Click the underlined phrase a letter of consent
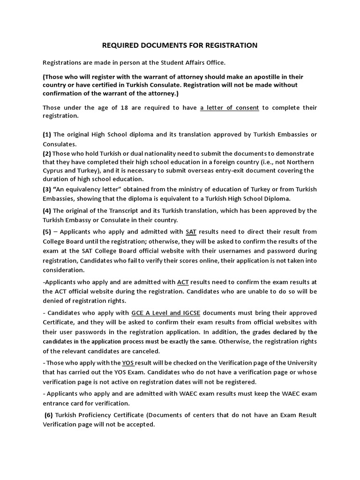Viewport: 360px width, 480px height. (x=229, y=108)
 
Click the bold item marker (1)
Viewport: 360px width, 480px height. (x=48, y=135)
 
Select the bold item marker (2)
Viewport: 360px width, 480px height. (x=47, y=153)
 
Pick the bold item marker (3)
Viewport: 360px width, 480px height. (x=48, y=189)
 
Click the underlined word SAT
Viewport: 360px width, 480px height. (x=191, y=232)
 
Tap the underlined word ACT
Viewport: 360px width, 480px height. (x=183, y=282)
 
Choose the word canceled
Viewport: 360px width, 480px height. (x=147, y=351)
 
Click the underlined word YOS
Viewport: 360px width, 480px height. (x=127, y=363)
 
